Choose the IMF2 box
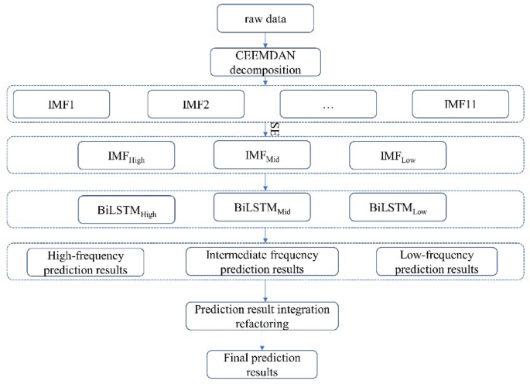click(x=195, y=103)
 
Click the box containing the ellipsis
click(x=328, y=103)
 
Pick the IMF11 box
click(x=460, y=103)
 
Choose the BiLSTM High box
click(x=126, y=209)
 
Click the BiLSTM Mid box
click(x=262, y=207)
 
